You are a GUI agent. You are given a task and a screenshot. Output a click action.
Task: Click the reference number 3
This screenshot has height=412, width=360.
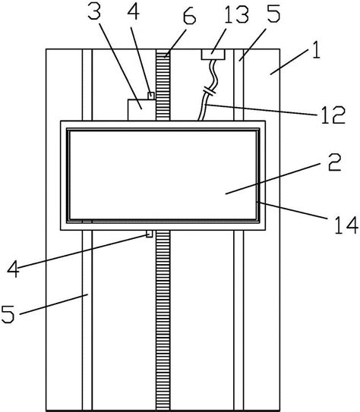click(x=94, y=12)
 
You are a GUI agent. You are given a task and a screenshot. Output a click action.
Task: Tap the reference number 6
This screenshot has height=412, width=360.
click(x=189, y=17)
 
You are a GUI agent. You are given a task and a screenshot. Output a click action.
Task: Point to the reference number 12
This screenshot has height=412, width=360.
click(x=333, y=115)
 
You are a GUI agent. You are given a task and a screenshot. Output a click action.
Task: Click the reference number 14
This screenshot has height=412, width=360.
click(x=346, y=225)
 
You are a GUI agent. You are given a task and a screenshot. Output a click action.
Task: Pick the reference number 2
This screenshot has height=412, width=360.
click(x=334, y=163)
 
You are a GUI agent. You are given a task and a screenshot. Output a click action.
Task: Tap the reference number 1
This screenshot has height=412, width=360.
click(x=317, y=50)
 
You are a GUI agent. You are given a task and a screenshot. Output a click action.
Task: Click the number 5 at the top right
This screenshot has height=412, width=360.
click(x=273, y=14)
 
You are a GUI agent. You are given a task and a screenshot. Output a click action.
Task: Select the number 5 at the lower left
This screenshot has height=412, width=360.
click(x=8, y=314)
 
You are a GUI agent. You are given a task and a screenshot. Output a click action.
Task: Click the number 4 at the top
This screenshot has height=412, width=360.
click(x=134, y=11)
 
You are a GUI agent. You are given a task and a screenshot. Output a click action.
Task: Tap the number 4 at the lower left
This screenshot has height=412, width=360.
click(x=14, y=269)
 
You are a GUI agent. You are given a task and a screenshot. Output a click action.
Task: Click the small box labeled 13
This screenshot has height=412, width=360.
click(x=213, y=55)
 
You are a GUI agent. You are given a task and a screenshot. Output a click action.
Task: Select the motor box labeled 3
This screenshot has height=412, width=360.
click(x=141, y=110)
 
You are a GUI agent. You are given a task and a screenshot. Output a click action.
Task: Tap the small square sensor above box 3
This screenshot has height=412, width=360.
click(x=151, y=96)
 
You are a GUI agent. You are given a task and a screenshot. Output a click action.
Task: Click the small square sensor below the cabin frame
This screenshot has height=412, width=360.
click(x=149, y=234)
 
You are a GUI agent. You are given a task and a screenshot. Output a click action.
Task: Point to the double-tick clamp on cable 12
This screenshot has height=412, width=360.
click(x=209, y=90)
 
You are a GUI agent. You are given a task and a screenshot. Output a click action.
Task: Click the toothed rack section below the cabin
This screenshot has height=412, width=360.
click(x=163, y=319)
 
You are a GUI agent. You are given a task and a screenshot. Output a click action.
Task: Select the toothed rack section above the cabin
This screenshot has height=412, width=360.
click(x=163, y=85)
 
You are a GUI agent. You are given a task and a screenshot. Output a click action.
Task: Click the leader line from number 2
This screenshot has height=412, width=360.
click(x=273, y=178)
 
